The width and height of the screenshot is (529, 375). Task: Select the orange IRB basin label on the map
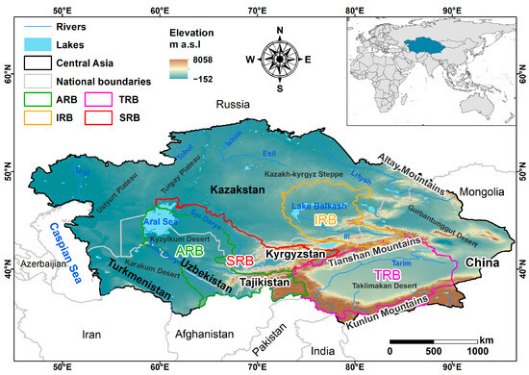(324, 219)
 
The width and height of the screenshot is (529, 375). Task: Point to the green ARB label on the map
(189, 250)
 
